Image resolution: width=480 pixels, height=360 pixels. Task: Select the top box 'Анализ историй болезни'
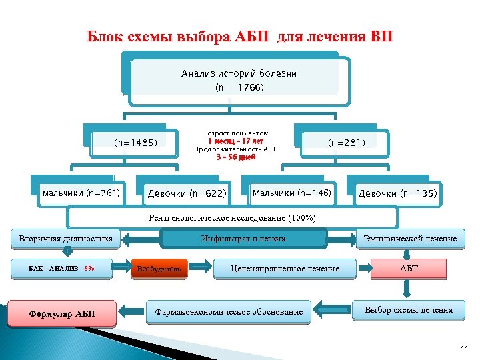(239, 73)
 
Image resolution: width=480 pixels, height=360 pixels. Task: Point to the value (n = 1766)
(239, 88)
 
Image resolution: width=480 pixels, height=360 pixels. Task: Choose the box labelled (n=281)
(345, 142)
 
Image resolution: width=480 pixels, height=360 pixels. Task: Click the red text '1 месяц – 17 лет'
(235, 141)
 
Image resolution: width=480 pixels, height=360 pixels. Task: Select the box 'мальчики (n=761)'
(81, 193)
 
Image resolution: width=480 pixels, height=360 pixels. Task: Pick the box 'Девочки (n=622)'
(187, 195)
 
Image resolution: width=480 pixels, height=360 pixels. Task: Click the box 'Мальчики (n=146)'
(291, 193)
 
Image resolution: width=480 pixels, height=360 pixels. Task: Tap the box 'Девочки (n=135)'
(397, 194)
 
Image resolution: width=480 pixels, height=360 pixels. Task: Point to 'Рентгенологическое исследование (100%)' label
(232, 218)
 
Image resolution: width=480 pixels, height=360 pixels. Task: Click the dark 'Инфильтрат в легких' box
(243, 239)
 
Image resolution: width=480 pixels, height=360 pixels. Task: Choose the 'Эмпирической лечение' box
(409, 239)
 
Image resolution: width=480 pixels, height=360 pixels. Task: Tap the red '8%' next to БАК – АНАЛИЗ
(89, 269)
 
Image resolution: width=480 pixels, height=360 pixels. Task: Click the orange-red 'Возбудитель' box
(158, 269)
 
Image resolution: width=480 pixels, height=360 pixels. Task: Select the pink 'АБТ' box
(409, 268)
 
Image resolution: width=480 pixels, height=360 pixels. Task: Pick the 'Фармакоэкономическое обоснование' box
(229, 311)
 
